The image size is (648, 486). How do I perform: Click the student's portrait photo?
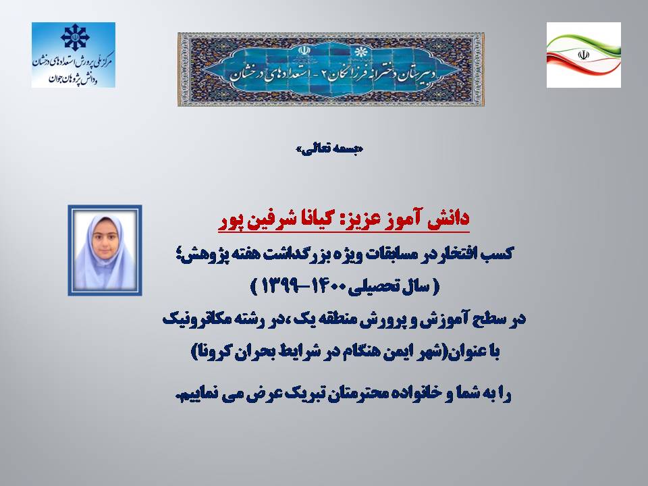(x=105, y=250)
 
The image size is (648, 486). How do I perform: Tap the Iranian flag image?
(x=583, y=55)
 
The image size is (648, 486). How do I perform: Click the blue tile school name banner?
(x=331, y=70)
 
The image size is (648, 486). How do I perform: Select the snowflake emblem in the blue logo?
(x=75, y=37)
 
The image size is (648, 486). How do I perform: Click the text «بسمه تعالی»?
(x=329, y=149)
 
